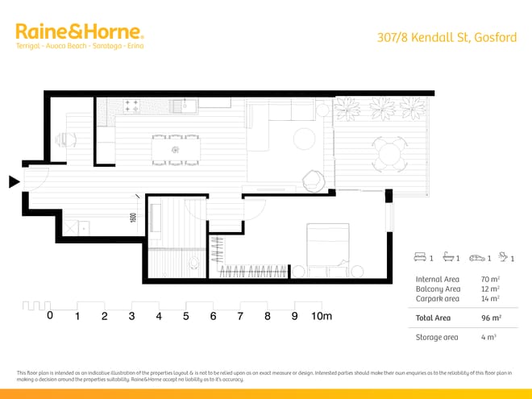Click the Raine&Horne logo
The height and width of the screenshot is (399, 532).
pyautogui.click(x=79, y=33)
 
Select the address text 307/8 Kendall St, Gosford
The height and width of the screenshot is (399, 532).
pyautogui.click(x=448, y=38)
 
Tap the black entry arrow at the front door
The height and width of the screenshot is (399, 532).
pyautogui.click(x=14, y=182)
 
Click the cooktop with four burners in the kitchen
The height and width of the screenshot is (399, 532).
pyautogui.click(x=132, y=106)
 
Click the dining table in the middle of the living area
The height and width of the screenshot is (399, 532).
pyautogui.click(x=175, y=149)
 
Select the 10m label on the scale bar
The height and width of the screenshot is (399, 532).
pyautogui.click(x=322, y=316)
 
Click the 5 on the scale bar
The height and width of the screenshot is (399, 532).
pyautogui.click(x=185, y=316)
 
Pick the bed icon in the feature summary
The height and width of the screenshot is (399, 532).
pyautogui.click(x=419, y=258)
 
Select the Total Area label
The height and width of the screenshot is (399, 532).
pyautogui.click(x=434, y=318)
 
